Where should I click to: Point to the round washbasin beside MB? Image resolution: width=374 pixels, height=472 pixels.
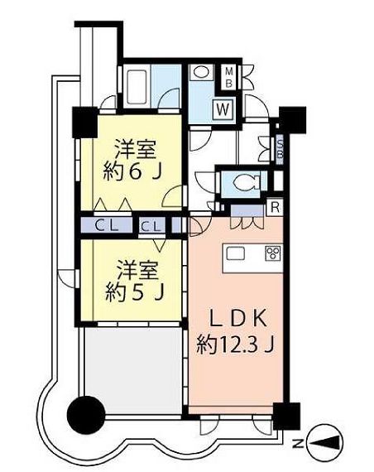pyautogui.click(x=202, y=73)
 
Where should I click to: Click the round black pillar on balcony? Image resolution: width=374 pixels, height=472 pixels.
pyautogui.click(x=86, y=412)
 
